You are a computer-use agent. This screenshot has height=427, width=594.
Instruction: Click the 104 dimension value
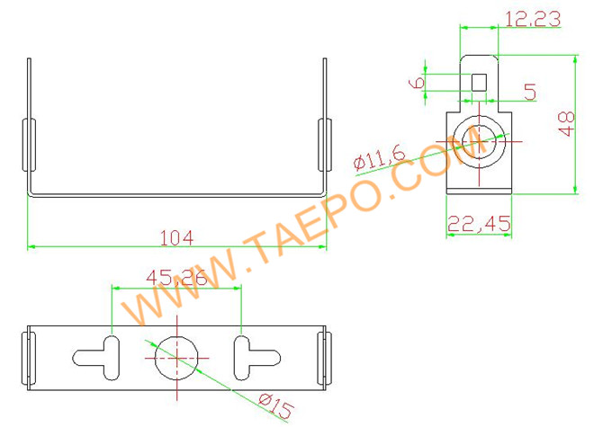[x=175, y=237]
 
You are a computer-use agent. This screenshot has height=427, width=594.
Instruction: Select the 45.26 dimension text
[x=176, y=279]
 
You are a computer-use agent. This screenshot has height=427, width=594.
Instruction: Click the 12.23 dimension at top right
[x=533, y=17]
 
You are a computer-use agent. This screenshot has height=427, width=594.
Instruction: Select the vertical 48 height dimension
[x=566, y=123]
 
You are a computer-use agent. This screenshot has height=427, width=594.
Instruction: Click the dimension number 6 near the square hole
[x=417, y=82]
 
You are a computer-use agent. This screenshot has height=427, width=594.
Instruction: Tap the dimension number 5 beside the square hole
[x=530, y=92]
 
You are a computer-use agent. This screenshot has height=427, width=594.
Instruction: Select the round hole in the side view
[x=479, y=141]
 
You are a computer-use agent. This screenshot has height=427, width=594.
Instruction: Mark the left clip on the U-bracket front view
[x=28, y=145]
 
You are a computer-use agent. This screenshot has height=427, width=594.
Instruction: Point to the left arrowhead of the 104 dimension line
[x=32, y=245]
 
